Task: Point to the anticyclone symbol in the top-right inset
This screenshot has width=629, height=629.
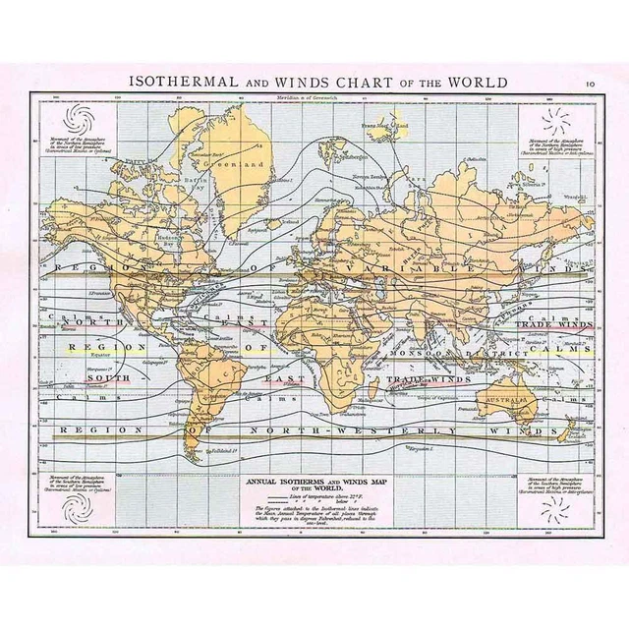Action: [x=555, y=121]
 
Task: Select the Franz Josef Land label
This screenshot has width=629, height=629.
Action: [x=383, y=127]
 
